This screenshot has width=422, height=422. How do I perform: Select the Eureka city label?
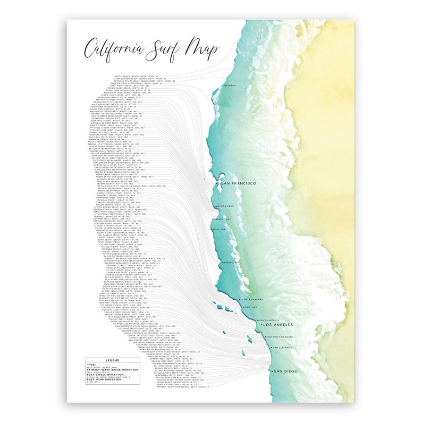point(230,85)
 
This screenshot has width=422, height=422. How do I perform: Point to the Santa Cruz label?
point(226,206)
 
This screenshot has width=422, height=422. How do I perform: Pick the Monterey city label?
point(224,219)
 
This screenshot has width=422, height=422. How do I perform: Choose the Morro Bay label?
point(232,263)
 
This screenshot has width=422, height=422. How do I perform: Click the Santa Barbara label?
point(252,300)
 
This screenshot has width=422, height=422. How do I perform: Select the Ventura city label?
point(251,308)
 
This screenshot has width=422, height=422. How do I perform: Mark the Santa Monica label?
point(269,320)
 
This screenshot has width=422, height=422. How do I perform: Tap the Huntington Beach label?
point(281,337)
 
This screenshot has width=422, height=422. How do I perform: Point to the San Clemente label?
point(282,348)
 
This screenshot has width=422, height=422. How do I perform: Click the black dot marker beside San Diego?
point(271,371)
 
